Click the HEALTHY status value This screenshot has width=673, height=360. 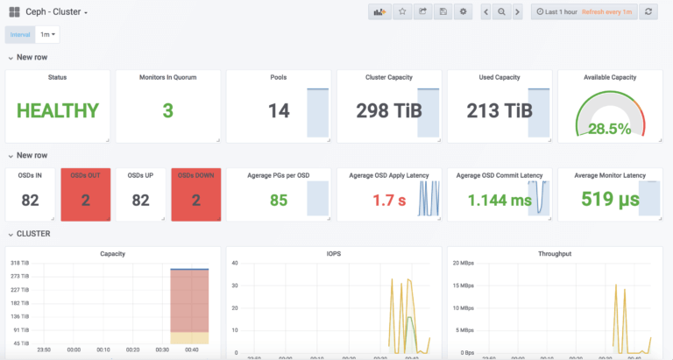pyautogui.click(x=58, y=110)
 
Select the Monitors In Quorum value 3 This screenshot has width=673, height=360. pyautogui.click(x=167, y=110)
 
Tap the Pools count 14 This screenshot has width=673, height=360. pyautogui.click(x=279, y=110)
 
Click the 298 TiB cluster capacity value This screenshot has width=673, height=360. pyautogui.click(x=383, y=110)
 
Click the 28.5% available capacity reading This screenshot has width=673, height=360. pyautogui.click(x=609, y=128)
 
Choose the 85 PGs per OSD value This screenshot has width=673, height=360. pyautogui.click(x=279, y=200)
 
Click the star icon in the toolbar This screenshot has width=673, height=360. pyautogui.click(x=402, y=11)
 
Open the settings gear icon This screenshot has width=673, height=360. pyautogui.click(x=464, y=11)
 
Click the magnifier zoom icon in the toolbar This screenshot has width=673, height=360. pyautogui.click(x=501, y=11)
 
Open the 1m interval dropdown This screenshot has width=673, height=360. pyautogui.click(x=49, y=34)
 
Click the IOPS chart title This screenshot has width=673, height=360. pyautogui.click(x=334, y=253)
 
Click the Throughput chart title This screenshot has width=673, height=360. pyautogui.click(x=554, y=253)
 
